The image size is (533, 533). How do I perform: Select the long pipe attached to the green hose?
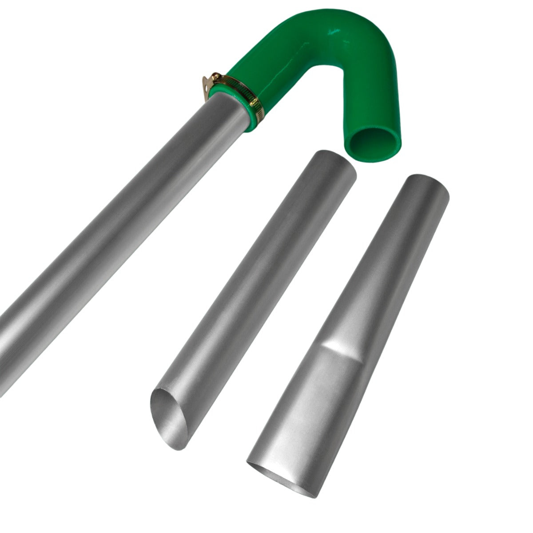(111, 222)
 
